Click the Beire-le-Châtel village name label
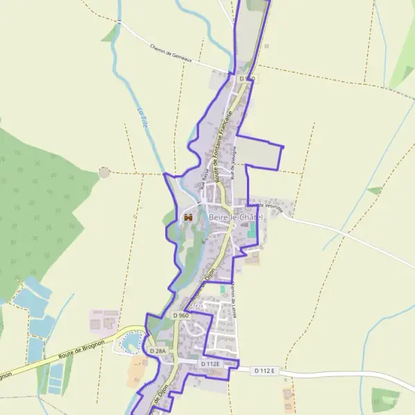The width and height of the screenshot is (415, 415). pos(236,218)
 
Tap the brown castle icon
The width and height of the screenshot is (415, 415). pos(187,218)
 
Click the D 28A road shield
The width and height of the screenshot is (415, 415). pos(158,351)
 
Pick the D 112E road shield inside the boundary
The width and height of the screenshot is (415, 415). pos(210,364)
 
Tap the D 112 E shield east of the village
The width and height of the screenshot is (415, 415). pos(264,371)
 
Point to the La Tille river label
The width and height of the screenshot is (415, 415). pos(142,121)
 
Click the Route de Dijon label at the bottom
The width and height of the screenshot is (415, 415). pos(158,401)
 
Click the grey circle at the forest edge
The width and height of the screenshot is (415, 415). pos(104,172)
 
